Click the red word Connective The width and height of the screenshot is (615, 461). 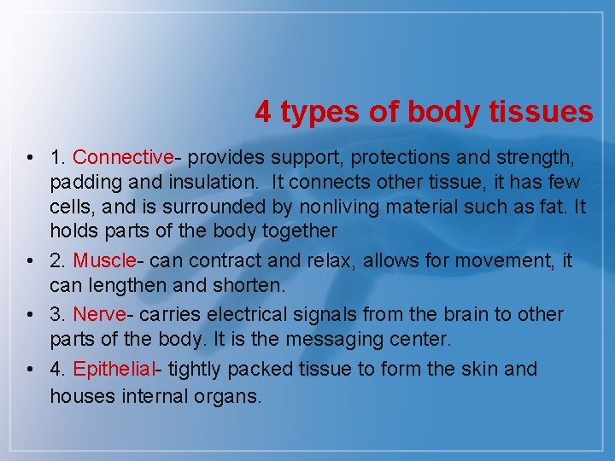123,157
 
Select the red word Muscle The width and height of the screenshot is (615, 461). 105,260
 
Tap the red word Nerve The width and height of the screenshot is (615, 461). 100,314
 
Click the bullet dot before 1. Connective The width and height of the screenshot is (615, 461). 30,158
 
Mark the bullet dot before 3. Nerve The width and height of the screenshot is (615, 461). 30,315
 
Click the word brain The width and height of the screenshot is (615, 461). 464,314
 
